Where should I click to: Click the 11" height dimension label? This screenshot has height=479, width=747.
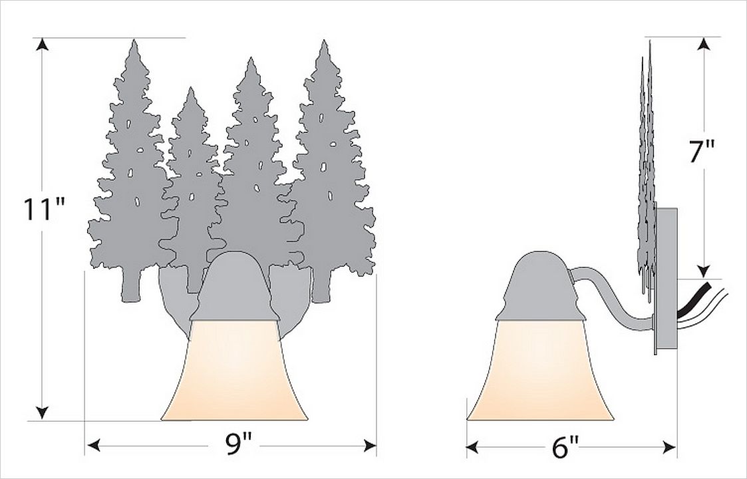44,210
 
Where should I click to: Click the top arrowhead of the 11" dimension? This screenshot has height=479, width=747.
43,45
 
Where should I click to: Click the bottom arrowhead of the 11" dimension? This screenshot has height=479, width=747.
43,412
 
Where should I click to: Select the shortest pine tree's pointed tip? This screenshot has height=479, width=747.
190,89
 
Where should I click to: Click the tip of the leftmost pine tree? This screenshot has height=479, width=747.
134,42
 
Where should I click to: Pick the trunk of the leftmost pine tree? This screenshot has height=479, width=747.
132,287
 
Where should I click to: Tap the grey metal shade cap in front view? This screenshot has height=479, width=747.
233,288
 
